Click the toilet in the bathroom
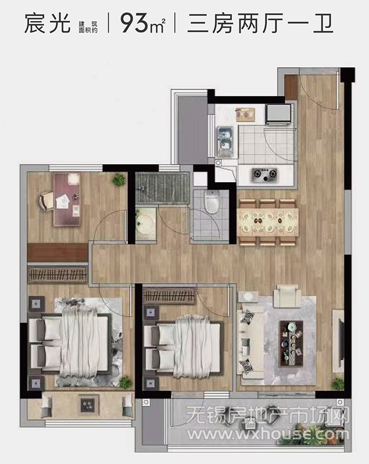click(x=212, y=201)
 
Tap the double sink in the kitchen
click(x=225, y=142)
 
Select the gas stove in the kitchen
click(x=264, y=175)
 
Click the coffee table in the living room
click(x=292, y=343)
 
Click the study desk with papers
click(x=67, y=200)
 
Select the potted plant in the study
click(x=119, y=180)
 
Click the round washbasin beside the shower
click(x=145, y=223)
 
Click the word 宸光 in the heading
click(x=48, y=23)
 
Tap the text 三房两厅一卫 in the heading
click(x=260, y=23)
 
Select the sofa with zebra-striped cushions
click(x=250, y=343)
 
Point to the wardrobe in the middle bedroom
click(x=169, y=295)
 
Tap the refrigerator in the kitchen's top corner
click(x=278, y=114)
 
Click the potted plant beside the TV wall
click(x=338, y=384)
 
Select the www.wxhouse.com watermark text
click(x=268, y=434)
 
